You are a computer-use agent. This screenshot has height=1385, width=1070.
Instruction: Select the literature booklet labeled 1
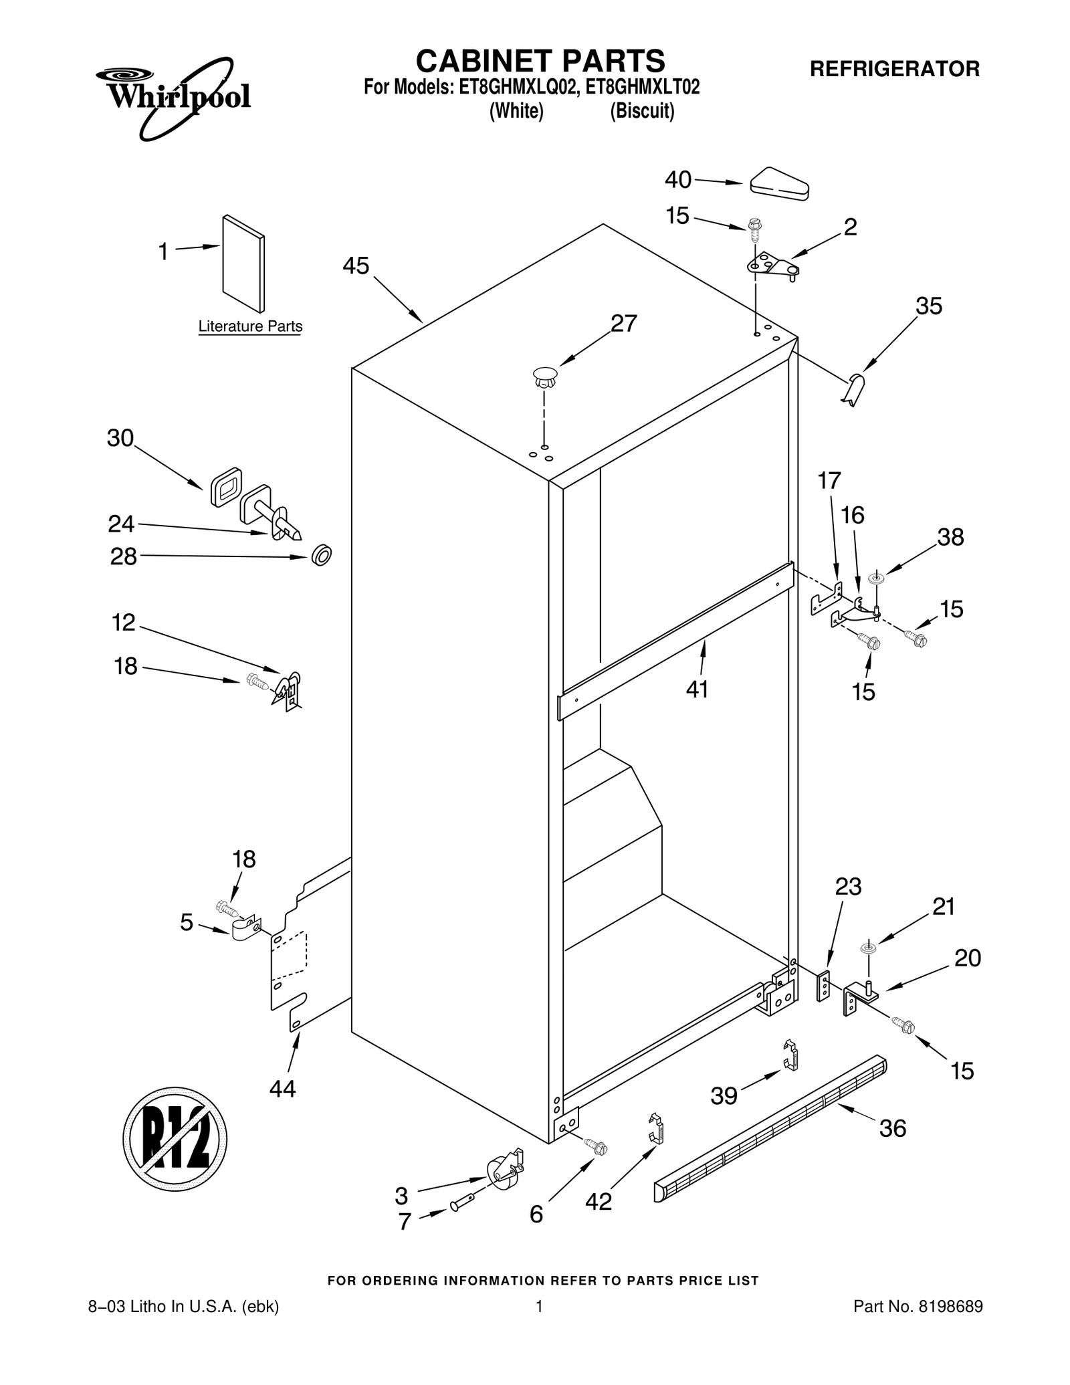pyautogui.click(x=243, y=263)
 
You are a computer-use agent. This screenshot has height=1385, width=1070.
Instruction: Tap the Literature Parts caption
pyautogui.click(x=250, y=326)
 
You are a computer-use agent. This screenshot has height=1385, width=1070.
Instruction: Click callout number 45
pyautogui.click(x=355, y=266)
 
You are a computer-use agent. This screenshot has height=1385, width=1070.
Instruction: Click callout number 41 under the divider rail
pyautogui.click(x=697, y=689)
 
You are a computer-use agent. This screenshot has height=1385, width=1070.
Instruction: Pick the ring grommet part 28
pyautogui.click(x=322, y=555)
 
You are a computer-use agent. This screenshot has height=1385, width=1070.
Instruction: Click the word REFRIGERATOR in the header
pyautogui.click(x=895, y=69)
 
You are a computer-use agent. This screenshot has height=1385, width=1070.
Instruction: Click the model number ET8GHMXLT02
pyautogui.click(x=642, y=88)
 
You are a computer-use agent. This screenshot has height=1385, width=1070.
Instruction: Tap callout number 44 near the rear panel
pyautogui.click(x=282, y=1089)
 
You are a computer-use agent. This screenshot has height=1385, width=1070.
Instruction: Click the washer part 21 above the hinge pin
pyautogui.click(x=868, y=948)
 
